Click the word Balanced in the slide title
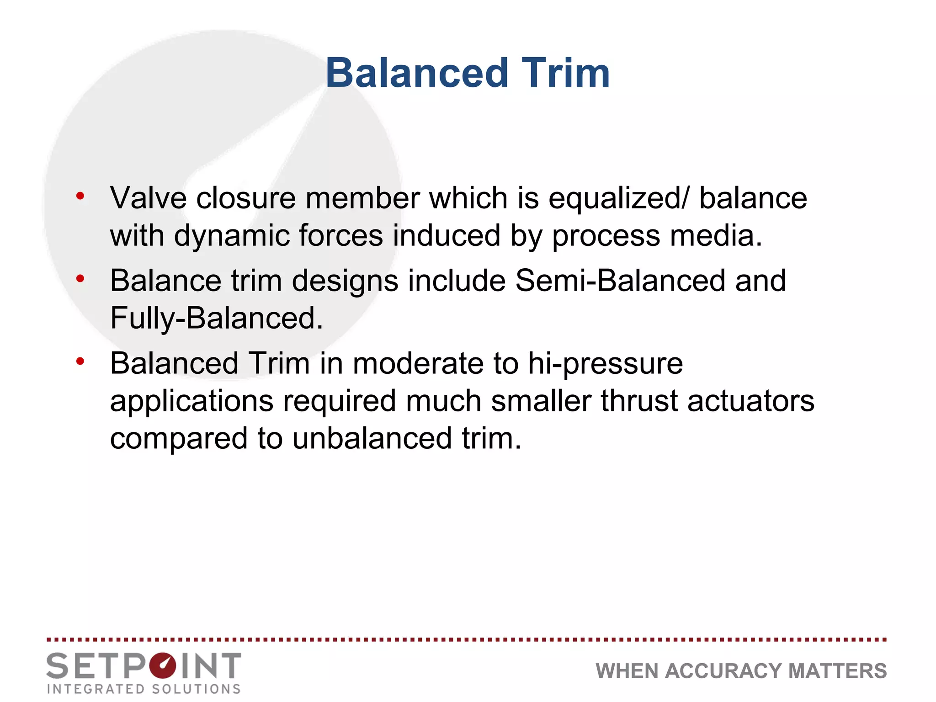(x=417, y=73)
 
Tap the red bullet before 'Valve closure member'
(x=80, y=196)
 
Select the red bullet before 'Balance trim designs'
(x=80, y=278)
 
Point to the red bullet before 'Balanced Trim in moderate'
(x=80, y=362)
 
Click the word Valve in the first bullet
(x=148, y=198)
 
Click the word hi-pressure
(x=605, y=364)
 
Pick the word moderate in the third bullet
(x=418, y=364)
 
